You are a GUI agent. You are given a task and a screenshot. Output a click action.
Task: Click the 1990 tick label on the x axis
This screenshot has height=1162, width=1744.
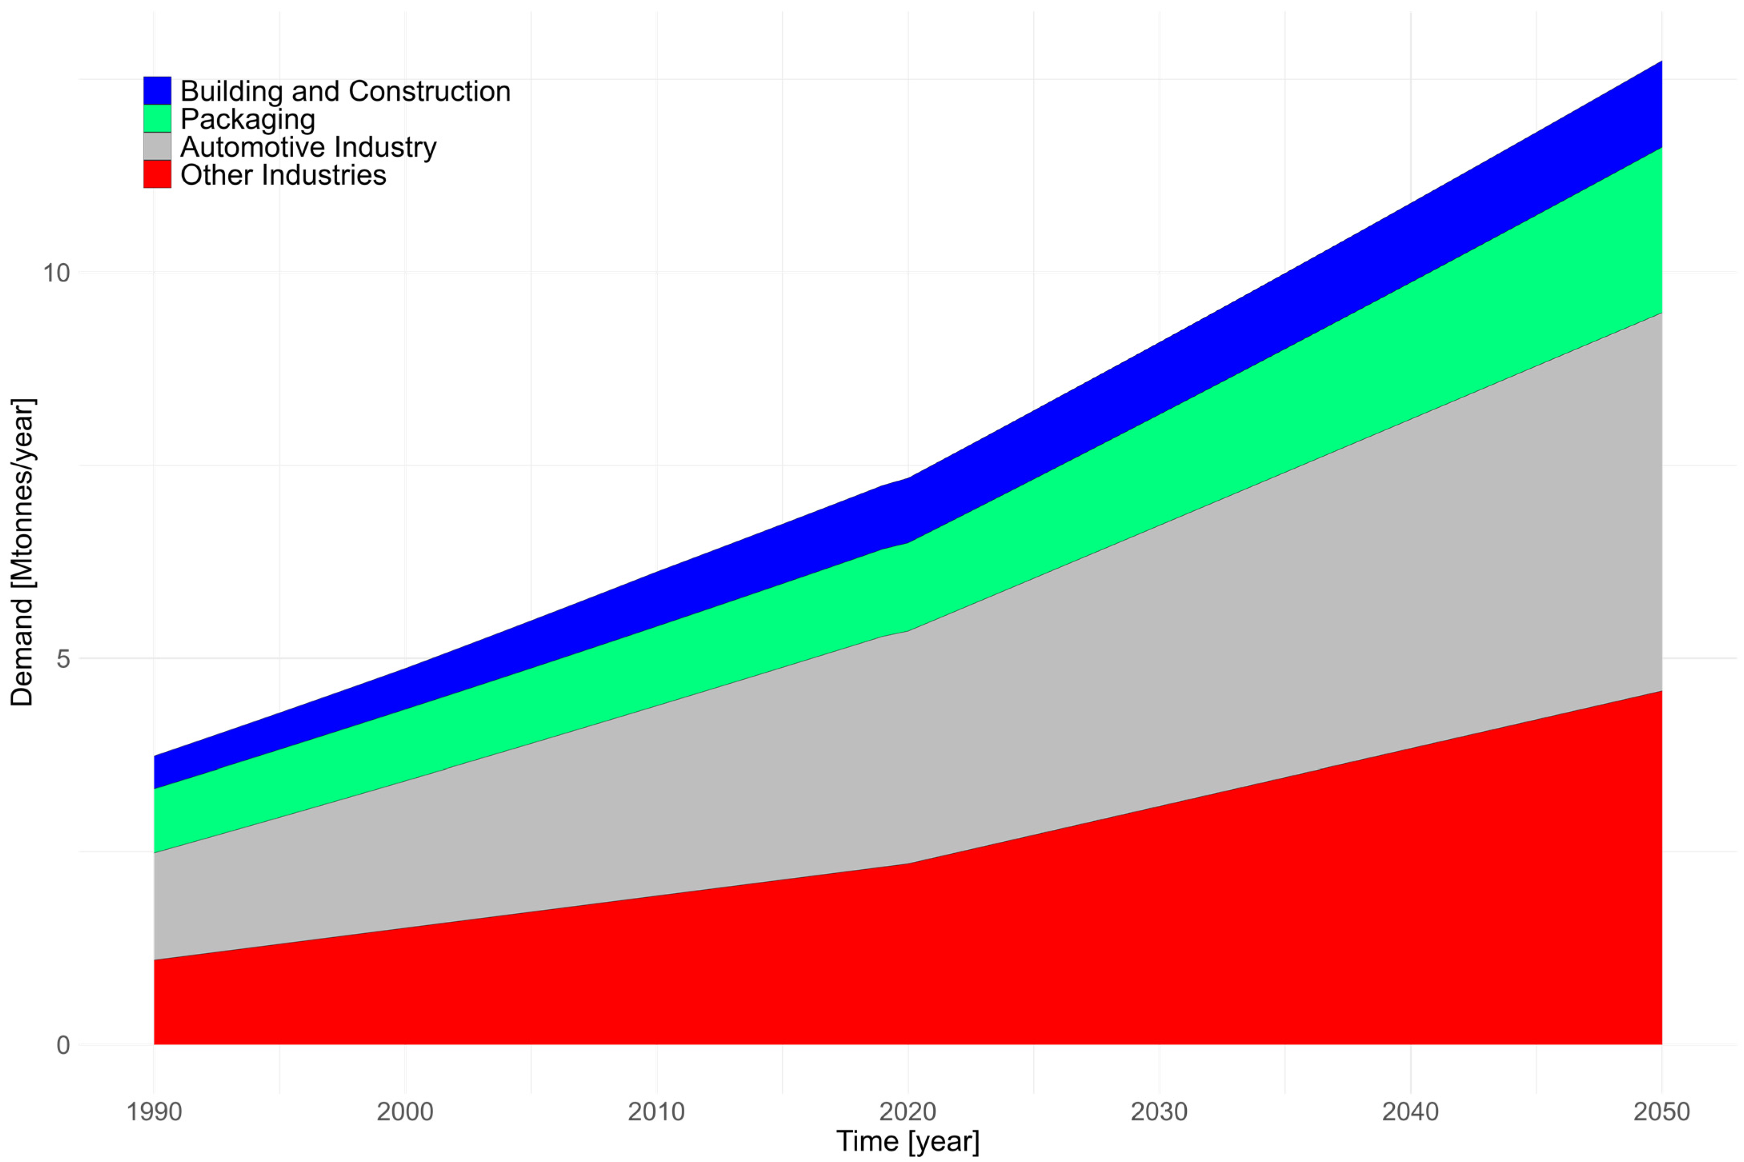click(x=154, y=1112)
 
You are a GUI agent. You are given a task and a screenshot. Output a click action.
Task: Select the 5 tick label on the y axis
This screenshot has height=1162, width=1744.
click(x=63, y=659)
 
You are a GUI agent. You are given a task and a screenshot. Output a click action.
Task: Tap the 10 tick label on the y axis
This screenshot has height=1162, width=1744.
click(x=56, y=273)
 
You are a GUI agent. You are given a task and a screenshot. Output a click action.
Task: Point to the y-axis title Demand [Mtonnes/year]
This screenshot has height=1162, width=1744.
click(x=22, y=552)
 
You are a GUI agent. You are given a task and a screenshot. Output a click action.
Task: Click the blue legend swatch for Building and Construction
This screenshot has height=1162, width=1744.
click(x=157, y=90)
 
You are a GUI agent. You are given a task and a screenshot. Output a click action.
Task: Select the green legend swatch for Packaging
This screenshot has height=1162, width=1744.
click(x=157, y=119)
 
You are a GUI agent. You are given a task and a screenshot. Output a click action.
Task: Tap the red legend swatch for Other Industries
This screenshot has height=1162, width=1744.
click(x=157, y=175)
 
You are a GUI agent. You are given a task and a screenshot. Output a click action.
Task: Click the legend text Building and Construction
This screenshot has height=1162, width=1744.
click(x=345, y=91)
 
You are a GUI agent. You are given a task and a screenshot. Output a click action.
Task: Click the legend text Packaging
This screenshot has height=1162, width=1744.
click(x=248, y=119)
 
